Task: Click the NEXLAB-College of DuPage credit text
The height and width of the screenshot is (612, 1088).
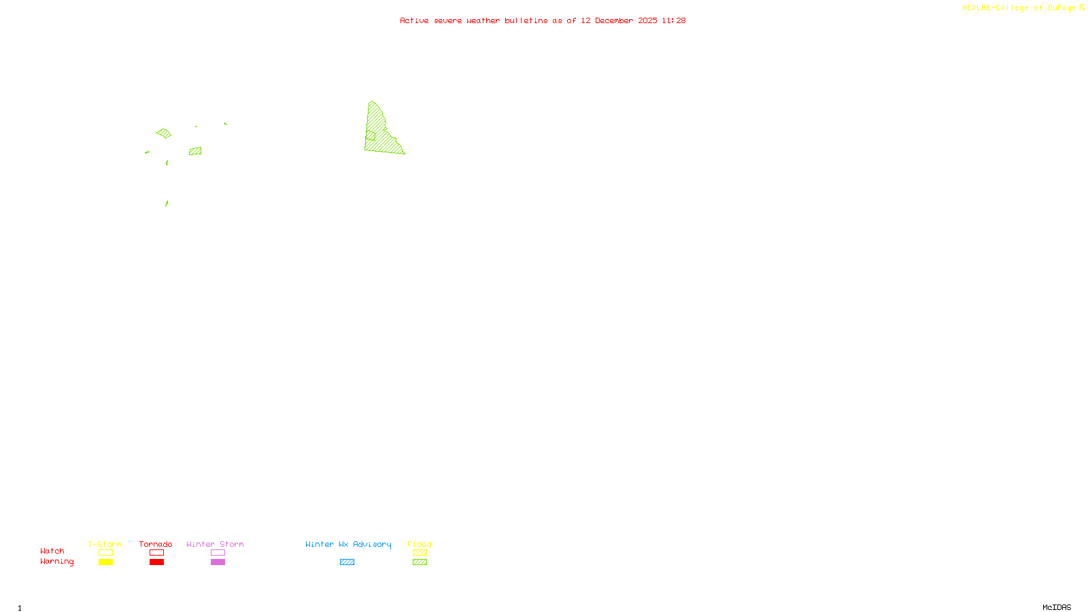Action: click(1019, 8)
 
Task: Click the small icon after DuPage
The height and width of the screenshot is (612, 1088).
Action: click(1082, 7)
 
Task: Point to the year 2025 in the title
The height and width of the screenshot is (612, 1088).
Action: click(647, 20)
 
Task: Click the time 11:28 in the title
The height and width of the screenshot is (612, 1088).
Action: click(674, 20)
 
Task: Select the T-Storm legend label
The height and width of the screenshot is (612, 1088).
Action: click(105, 544)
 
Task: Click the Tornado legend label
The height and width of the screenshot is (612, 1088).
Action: click(156, 544)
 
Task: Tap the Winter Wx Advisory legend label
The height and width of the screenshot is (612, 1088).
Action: click(348, 544)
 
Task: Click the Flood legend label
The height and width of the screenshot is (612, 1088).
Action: click(420, 544)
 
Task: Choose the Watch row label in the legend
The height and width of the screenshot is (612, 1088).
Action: click(52, 551)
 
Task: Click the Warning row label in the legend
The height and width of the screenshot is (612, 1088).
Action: click(57, 562)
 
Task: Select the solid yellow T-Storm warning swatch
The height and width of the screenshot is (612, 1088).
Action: click(105, 562)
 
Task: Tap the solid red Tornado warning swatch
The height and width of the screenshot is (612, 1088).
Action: click(156, 562)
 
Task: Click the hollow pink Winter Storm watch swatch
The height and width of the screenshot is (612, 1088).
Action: click(218, 553)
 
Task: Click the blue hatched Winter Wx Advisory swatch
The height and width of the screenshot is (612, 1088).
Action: click(347, 562)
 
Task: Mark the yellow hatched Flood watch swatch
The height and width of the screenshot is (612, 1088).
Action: click(420, 553)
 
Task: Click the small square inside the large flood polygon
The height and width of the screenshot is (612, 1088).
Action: click(371, 136)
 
